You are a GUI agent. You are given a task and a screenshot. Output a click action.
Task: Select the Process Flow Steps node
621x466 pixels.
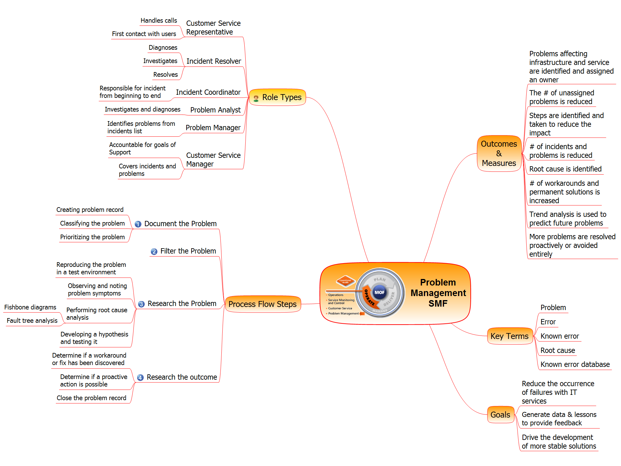[262, 304]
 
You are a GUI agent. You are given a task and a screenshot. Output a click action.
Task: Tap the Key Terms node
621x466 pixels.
[509, 336]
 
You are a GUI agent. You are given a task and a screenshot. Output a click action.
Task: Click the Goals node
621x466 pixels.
[500, 415]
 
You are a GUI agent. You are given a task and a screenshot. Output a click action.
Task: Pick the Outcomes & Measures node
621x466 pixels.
[499, 153]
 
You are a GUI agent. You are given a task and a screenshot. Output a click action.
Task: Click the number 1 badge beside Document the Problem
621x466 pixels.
[138, 224]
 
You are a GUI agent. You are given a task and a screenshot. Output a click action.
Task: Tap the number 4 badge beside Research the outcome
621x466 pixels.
[140, 377]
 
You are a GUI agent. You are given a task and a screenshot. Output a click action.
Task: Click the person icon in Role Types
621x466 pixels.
[256, 98]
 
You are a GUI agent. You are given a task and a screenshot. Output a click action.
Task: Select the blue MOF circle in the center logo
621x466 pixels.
[379, 292]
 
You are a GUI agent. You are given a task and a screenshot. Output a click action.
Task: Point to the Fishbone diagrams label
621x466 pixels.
[30, 307]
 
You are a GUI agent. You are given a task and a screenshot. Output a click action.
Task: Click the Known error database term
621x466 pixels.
[575, 364]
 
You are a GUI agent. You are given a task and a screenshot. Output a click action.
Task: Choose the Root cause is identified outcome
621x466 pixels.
[565, 169]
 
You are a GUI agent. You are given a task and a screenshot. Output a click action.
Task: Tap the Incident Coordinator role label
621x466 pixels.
[208, 92]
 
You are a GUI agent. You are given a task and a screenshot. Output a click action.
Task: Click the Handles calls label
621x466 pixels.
[159, 21]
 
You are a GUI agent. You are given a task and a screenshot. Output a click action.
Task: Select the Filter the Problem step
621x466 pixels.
[188, 251]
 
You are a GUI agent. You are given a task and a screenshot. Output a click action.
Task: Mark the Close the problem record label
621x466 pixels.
[91, 398]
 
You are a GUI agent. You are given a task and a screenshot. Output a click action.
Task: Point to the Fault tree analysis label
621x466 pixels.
[32, 321]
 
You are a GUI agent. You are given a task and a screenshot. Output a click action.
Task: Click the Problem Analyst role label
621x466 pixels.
[215, 110]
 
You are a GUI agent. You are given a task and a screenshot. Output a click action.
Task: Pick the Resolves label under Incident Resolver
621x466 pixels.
[165, 75]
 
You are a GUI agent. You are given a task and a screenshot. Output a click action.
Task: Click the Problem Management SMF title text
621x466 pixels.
[438, 293]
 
